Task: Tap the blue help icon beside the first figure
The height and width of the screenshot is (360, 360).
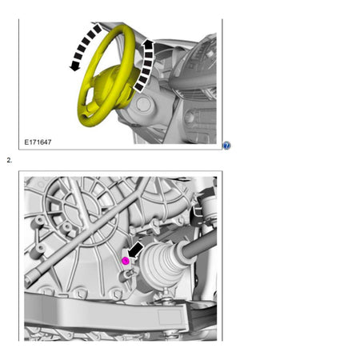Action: pos(226,146)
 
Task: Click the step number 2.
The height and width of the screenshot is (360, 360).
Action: pos(9,160)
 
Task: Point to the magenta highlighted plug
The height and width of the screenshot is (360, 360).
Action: pos(126,261)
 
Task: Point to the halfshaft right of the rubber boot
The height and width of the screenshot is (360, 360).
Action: pos(200,250)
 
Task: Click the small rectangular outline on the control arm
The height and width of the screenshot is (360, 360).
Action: pos(171,318)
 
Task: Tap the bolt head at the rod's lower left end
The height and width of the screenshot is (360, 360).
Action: pos(30,281)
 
